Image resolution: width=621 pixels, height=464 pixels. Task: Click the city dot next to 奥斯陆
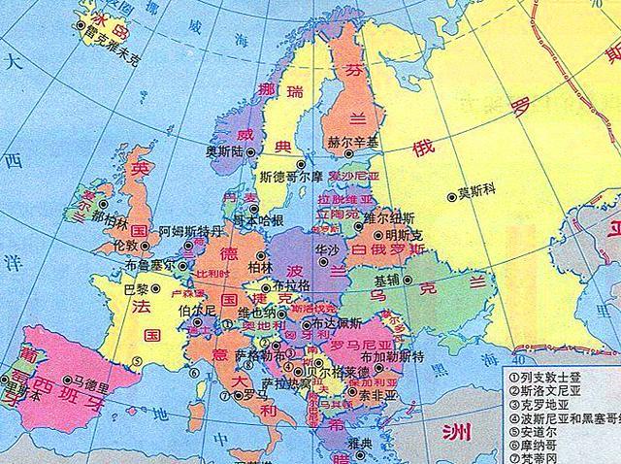click(x=251, y=152)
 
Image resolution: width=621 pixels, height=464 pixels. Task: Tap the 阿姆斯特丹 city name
click(x=191, y=233)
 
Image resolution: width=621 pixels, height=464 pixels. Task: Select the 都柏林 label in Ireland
click(x=109, y=219)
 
